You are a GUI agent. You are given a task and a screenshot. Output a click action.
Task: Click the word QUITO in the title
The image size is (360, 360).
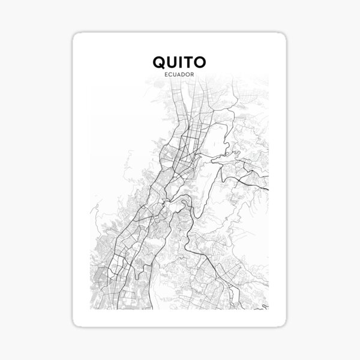click(180, 62)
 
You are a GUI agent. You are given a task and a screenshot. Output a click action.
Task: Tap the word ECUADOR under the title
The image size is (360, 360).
click(180, 74)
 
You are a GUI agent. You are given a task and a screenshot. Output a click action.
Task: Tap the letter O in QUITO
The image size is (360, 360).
click(202, 62)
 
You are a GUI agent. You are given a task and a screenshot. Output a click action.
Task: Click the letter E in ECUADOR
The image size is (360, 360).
click(165, 74)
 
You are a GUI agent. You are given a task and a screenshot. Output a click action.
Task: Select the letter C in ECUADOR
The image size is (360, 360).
click(170, 74)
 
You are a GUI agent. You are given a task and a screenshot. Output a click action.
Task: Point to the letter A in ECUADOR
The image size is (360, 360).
click(180, 74)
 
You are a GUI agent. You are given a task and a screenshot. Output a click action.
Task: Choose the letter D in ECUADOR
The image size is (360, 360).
click(185, 74)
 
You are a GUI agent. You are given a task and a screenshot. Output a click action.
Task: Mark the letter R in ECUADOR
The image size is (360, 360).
click(196, 74)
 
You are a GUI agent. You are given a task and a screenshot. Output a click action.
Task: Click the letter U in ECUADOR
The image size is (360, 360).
click(175, 74)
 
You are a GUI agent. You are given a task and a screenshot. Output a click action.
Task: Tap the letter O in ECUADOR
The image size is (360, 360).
click(190, 74)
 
